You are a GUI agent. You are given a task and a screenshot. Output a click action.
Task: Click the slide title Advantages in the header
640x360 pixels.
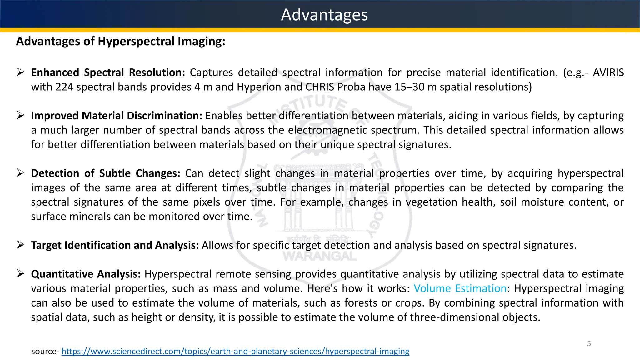coord(324,15)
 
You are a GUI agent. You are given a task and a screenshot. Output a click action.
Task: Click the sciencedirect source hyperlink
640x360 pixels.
coord(235,351)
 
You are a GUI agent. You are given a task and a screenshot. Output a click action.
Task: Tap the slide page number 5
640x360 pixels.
coord(589,344)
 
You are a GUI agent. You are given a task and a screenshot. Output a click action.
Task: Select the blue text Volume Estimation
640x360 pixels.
coord(460,288)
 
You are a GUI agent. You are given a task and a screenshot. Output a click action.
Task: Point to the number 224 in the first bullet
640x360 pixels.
coord(64,87)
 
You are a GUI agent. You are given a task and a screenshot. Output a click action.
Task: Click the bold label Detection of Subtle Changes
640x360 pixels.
coord(106,173)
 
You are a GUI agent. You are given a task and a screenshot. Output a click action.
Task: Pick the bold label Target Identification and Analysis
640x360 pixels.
coord(115,245)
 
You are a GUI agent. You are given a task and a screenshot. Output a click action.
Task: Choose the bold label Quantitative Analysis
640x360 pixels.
coord(86,274)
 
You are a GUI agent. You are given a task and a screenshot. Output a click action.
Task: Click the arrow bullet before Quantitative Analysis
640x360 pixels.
coord(21,274)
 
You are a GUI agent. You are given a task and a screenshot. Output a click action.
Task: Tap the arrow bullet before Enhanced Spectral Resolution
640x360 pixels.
coord(21,72)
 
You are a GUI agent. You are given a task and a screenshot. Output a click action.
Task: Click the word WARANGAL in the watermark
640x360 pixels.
coord(320,257)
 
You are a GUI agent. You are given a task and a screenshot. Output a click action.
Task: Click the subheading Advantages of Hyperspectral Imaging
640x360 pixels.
coord(121,41)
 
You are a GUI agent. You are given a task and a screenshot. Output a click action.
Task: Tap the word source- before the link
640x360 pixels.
coord(45,352)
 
